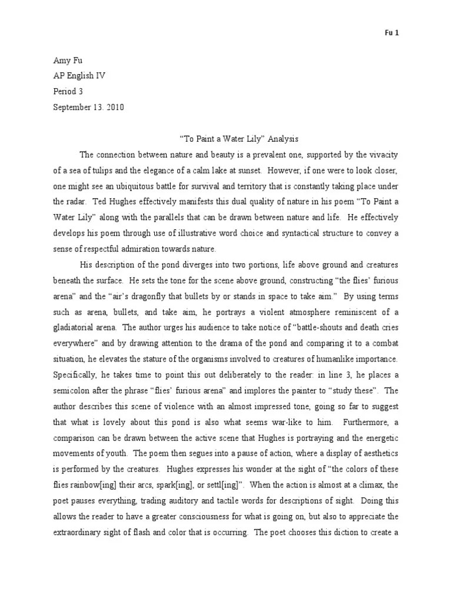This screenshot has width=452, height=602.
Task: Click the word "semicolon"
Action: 73,391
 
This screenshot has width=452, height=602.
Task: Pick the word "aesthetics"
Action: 375,454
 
